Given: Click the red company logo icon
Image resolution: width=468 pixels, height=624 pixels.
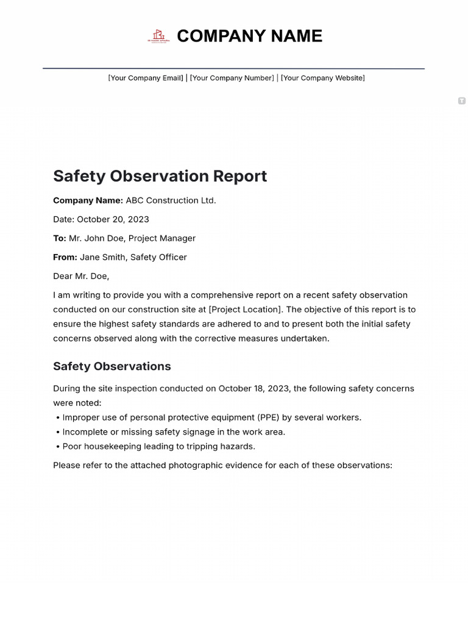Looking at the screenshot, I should (158, 37).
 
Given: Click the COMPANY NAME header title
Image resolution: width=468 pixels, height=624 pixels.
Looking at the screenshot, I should (249, 37).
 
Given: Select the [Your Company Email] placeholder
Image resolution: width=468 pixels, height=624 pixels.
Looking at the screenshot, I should (146, 78).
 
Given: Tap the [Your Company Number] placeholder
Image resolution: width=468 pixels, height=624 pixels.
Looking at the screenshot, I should (232, 78).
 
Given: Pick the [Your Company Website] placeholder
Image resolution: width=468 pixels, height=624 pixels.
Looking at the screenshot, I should (322, 78).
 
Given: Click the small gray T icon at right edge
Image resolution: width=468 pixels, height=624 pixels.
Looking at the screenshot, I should (461, 101).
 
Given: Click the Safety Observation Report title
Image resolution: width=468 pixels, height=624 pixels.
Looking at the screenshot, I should (160, 176).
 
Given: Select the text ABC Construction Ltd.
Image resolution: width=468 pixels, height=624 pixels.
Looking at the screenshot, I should (171, 200).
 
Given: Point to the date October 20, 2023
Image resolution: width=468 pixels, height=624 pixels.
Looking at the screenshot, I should (113, 219).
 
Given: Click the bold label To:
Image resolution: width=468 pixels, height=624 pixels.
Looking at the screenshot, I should (60, 238).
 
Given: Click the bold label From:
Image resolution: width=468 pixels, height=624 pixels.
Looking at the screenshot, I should (65, 257).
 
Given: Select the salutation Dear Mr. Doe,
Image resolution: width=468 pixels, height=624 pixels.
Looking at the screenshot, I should (81, 276).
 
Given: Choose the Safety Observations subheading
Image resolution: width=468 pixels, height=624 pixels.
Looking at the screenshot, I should (112, 366).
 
